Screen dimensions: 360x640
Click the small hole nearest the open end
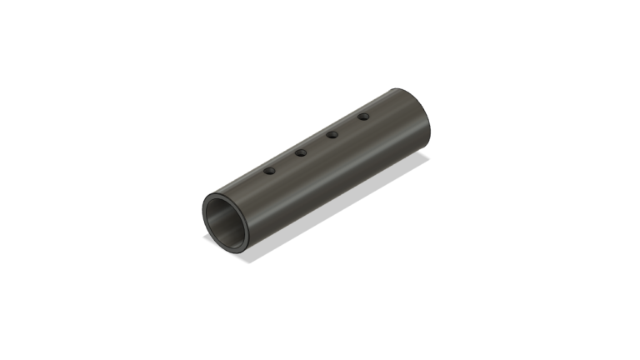coord(269,171)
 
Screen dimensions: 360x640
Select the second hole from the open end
coord(301,152)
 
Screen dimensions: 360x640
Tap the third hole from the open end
coord(332,134)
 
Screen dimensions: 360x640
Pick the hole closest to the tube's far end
coord(363,117)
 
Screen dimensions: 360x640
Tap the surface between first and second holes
coord(285,162)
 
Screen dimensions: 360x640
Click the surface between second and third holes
coord(317,143)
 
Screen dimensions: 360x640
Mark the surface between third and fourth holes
coord(347,125)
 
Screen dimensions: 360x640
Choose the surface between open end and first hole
coord(246,184)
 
